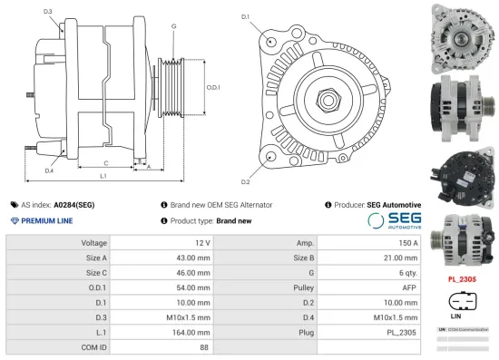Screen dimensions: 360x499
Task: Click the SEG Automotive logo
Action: click(x=394, y=220)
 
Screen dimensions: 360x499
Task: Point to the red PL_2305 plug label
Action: click(x=463, y=278)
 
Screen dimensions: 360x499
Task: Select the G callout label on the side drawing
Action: click(x=172, y=26)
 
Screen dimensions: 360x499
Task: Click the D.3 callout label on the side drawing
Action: click(x=47, y=12)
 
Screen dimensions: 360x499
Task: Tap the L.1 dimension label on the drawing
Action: click(x=103, y=175)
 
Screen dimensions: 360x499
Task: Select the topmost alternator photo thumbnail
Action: click(x=463, y=34)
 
